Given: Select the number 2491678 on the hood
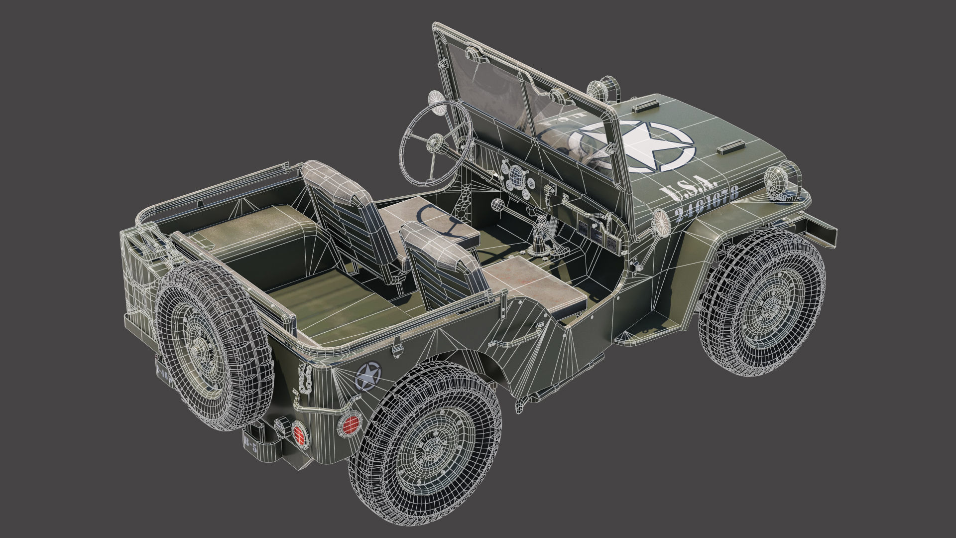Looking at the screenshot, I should coord(706,205).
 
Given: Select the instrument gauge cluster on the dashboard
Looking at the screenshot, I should coord(515,177).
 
